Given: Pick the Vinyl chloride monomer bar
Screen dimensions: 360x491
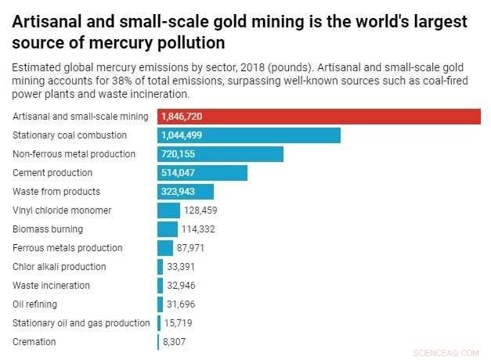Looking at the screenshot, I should point(168,211).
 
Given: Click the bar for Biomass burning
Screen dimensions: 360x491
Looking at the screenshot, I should point(168,229).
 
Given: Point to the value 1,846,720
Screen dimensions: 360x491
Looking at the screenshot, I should point(186,117).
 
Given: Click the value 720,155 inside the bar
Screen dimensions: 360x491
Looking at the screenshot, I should point(182,154).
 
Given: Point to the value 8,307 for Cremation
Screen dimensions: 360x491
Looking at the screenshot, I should point(175,342).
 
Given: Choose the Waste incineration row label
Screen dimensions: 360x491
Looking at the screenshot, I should point(51,286).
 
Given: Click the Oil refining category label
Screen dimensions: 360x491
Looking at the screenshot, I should point(35,304).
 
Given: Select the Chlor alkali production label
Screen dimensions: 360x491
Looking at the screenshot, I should point(60,267).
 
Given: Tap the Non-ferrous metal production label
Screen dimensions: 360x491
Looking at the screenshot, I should point(74,154).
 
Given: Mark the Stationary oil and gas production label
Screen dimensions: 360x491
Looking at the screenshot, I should point(81,323).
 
